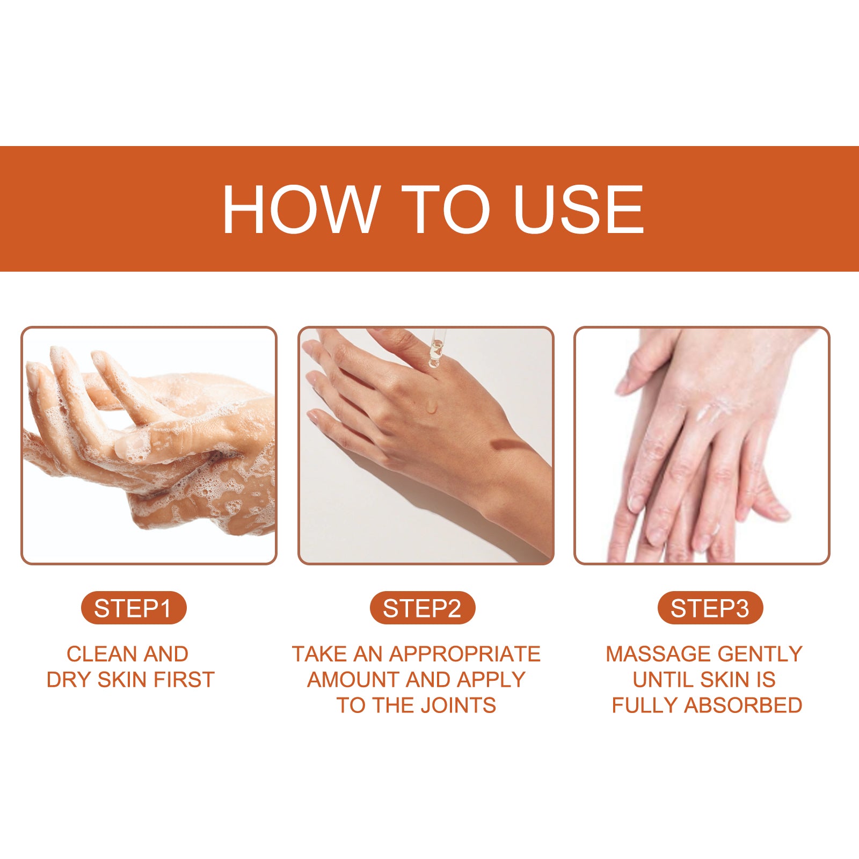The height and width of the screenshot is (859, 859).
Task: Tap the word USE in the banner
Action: [578, 209]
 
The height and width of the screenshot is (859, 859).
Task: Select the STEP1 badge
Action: [133, 608]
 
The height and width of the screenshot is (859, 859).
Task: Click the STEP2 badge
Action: [422, 608]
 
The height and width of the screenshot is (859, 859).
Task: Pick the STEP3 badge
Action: [710, 608]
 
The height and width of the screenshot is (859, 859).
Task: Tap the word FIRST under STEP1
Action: [184, 680]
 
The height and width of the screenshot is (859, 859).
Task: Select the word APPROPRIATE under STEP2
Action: [465, 654]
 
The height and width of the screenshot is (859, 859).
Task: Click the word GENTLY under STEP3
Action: [760, 654]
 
